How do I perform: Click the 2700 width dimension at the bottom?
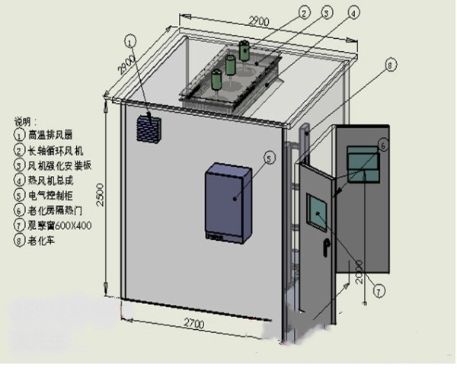196,324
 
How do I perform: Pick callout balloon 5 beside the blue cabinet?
269,158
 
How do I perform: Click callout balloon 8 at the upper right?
391,67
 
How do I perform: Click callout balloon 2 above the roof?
304,11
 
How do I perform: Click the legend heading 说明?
25,121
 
